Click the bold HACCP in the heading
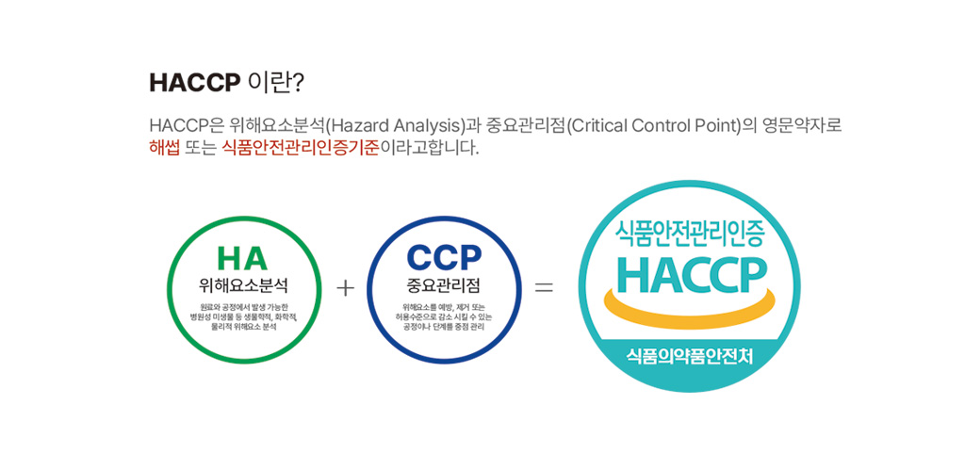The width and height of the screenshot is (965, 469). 194,83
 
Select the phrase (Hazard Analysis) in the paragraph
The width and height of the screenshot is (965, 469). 395,126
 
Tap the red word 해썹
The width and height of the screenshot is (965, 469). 164,148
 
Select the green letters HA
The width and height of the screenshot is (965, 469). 242,259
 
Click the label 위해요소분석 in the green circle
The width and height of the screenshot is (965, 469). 244,285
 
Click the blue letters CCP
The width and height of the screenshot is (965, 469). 444,259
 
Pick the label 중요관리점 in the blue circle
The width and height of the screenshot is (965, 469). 444,285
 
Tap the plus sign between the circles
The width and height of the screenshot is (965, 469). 346,287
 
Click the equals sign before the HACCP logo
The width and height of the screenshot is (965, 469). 544,287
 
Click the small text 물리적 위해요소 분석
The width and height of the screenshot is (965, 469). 244,328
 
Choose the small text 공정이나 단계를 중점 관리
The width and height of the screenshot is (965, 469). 444,328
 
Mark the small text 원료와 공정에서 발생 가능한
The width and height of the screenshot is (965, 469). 244,307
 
